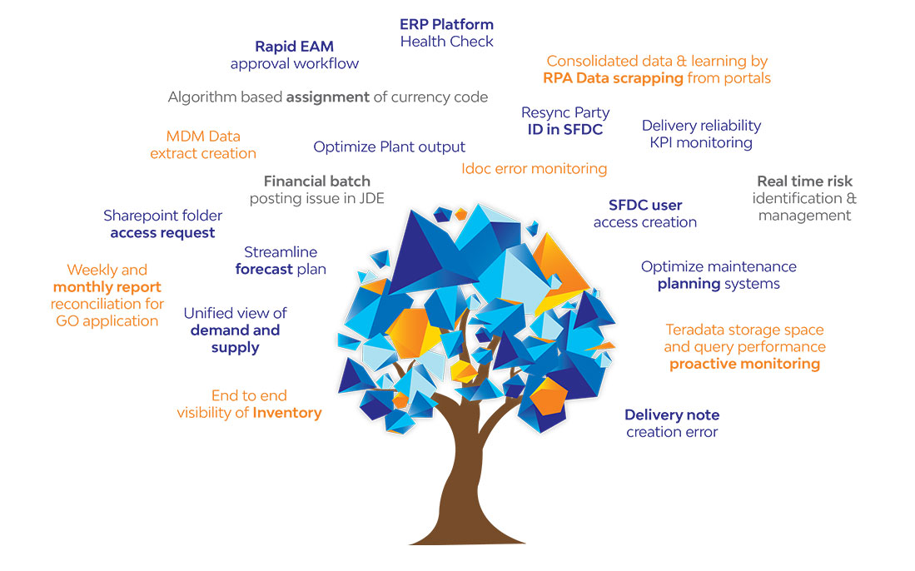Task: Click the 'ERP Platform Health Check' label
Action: pyautogui.click(x=447, y=32)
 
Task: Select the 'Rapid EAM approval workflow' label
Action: pyautogui.click(x=295, y=55)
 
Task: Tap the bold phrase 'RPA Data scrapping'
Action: pyautogui.click(x=613, y=78)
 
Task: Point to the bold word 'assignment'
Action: pyautogui.click(x=327, y=97)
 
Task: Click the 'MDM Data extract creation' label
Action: pyautogui.click(x=203, y=145)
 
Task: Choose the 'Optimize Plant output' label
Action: pyautogui.click(x=389, y=147)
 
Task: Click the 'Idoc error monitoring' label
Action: pyautogui.click(x=534, y=169)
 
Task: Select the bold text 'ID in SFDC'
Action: pyautogui.click(x=564, y=130)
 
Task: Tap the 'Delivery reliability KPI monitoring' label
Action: pyautogui.click(x=701, y=134)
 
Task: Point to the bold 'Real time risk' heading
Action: pyautogui.click(x=805, y=181)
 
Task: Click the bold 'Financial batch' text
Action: pyautogui.click(x=317, y=181)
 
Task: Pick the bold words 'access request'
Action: pyautogui.click(x=163, y=233)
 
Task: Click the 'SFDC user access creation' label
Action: pyautogui.click(x=644, y=213)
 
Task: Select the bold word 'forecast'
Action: pyautogui.click(x=264, y=270)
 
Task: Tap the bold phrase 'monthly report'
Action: pyautogui.click(x=107, y=287)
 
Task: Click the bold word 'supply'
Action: pyautogui.click(x=235, y=348)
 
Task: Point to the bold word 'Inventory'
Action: pyautogui.click(x=287, y=413)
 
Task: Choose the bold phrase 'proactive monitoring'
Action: pyautogui.click(x=744, y=365)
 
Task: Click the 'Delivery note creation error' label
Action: pyautogui.click(x=672, y=424)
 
